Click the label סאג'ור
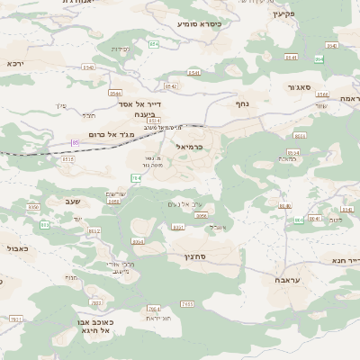tap(300, 88)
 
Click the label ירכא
tap(14, 64)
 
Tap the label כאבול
tap(17, 247)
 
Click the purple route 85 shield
tap(76, 142)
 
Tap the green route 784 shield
tap(135, 178)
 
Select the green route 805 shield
tap(44, 224)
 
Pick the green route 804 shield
tap(298, 220)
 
